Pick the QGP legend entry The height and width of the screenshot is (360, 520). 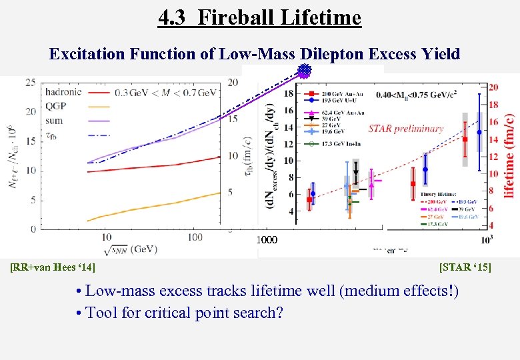pyautogui.click(x=55, y=105)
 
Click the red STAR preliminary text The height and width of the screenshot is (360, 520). pyautogui.click(x=405, y=129)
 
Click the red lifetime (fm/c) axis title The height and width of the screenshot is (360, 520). pyautogui.click(x=509, y=155)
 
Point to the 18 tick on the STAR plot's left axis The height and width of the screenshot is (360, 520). pyautogui.click(x=289, y=94)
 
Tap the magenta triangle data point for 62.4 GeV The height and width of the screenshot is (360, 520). pyautogui.click(x=371, y=185)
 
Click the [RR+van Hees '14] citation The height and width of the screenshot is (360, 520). pyautogui.click(x=53, y=267)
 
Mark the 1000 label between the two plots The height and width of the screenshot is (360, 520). pyautogui.click(x=267, y=239)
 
